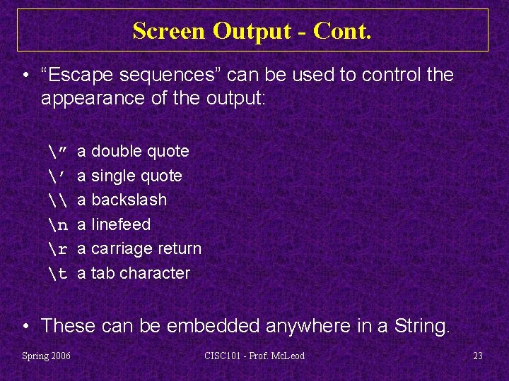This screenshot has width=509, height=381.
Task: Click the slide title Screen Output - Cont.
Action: [x=252, y=31]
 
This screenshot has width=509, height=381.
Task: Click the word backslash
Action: [x=129, y=200]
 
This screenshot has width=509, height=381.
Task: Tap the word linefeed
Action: [x=121, y=224]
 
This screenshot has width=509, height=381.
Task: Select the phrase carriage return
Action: [x=146, y=249]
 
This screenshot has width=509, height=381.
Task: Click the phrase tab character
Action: [x=141, y=273]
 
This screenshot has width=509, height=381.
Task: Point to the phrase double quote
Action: [x=140, y=151]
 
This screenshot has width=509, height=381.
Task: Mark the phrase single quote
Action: [x=136, y=176]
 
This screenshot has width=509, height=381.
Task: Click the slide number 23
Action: [x=477, y=356]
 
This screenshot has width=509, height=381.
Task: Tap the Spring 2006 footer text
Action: [x=46, y=356]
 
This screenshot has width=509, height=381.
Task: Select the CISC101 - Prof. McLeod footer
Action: [x=254, y=356]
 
